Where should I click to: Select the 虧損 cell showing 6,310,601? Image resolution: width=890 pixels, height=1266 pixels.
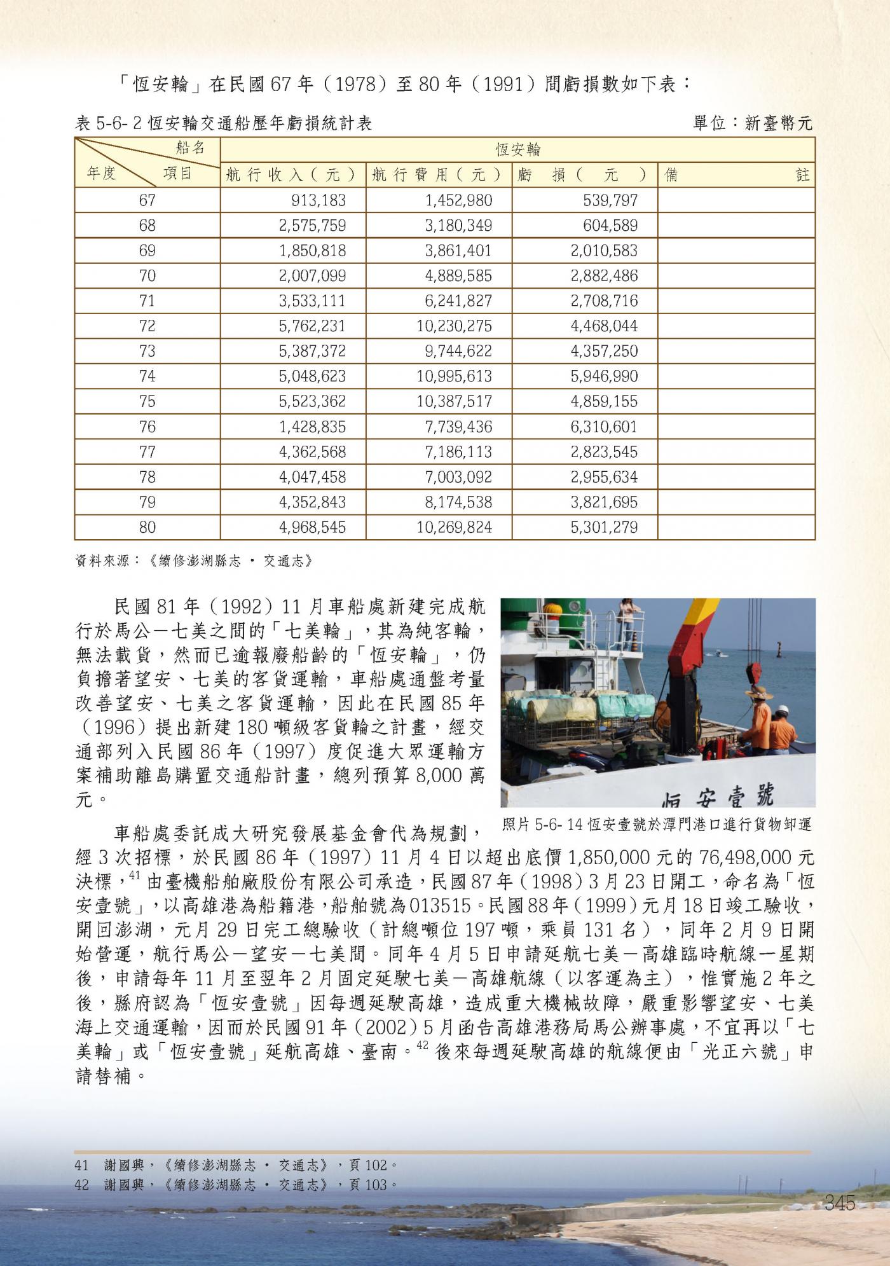[604, 427]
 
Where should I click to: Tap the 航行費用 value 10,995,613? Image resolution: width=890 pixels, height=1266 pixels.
[454, 376]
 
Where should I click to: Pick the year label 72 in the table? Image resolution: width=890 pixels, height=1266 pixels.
[147, 326]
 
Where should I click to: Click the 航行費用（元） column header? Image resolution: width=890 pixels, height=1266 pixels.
[439, 174]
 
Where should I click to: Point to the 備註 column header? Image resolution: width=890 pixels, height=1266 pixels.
[736, 174]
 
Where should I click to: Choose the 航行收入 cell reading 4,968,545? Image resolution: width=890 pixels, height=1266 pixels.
[312, 527]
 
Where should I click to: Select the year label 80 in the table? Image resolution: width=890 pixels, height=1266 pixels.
[147, 527]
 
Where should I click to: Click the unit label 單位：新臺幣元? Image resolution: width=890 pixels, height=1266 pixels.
[753, 123]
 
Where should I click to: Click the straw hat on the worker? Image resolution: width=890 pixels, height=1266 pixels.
[759, 692]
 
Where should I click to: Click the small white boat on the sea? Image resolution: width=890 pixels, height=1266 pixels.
[720, 652]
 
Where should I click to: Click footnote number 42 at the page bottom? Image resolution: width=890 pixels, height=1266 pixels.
[81, 1185]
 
